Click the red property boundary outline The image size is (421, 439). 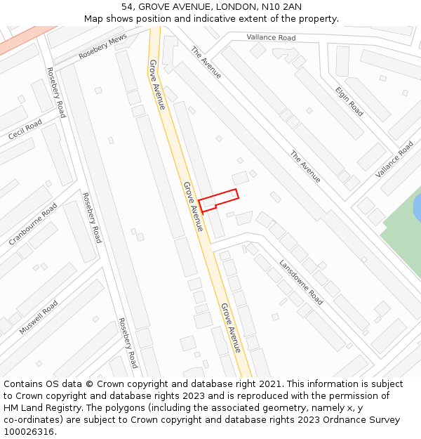click(219, 200)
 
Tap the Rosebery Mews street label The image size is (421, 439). click(102, 46)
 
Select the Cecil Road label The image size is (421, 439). click(25, 129)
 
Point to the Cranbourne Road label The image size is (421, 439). click(33, 224)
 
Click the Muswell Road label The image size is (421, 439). click(39, 317)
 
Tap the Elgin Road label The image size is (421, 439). click(349, 101)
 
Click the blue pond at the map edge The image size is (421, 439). click(417, 207)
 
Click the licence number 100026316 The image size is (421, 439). click(29, 432)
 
